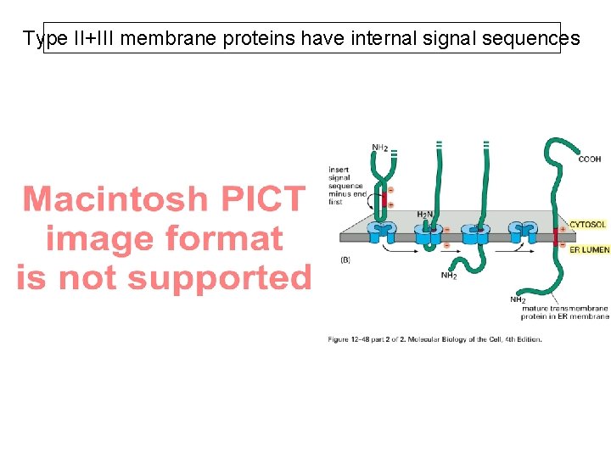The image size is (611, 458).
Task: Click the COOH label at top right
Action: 590,159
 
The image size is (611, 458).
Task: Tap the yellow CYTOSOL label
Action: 587,225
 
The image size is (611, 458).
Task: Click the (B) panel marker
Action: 346,259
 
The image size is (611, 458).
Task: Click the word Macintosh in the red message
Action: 115,199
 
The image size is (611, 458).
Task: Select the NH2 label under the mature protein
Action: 518,299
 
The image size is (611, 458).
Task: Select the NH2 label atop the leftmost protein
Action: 381,148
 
